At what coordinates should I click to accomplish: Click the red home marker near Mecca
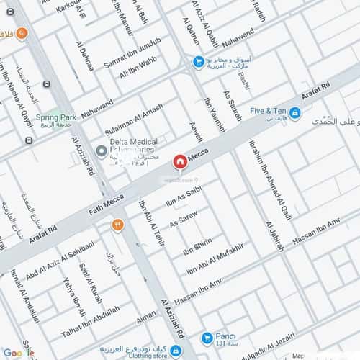[178, 161]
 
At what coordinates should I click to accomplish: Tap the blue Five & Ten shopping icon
[295, 112]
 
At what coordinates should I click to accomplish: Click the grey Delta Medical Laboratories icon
[102, 151]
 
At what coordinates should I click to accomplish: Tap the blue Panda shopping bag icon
[207, 337]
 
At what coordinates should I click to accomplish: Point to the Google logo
[17, 352]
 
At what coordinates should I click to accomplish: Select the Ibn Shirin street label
[197, 246]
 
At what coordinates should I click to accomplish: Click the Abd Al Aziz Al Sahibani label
[60, 264]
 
